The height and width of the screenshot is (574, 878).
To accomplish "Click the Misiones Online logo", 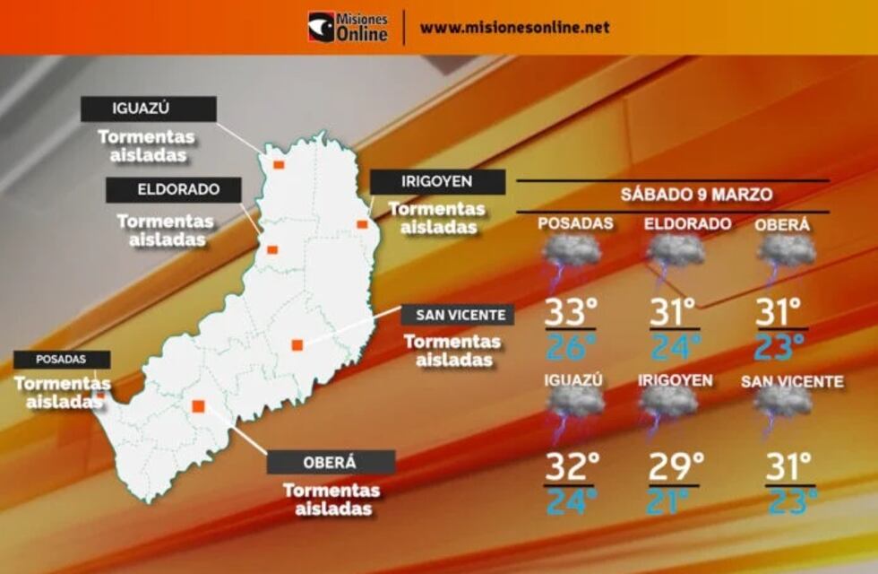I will click(x=348, y=27).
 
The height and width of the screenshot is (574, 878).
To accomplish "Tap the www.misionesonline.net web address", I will click(x=514, y=27).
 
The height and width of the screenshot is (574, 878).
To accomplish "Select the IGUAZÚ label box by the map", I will click(x=149, y=109).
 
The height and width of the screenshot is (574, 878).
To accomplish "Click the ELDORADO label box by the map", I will click(x=174, y=190).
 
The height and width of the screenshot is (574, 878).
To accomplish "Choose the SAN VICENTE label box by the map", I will click(x=458, y=315).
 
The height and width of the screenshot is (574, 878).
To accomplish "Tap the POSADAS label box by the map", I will click(x=62, y=360).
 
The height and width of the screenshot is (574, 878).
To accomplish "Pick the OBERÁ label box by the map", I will click(x=331, y=462).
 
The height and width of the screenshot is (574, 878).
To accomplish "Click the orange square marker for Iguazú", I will click(x=279, y=165).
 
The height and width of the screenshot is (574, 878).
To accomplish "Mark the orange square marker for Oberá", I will click(x=199, y=406).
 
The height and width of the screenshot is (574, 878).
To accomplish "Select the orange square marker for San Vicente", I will click(x=297, y=344).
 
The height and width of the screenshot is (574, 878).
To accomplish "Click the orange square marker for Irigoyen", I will click(x=362, y=224).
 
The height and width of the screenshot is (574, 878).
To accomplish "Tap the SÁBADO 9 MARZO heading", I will click(x=696, y=195).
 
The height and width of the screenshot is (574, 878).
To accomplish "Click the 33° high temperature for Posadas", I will click(x=572, y=313).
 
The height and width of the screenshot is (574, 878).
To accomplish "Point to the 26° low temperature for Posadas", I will click(x=572, y=346).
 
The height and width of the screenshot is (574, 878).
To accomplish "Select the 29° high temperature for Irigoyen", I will click(x=676, y=467).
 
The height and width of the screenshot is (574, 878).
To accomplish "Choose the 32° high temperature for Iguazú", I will click(x=573, y=467).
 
